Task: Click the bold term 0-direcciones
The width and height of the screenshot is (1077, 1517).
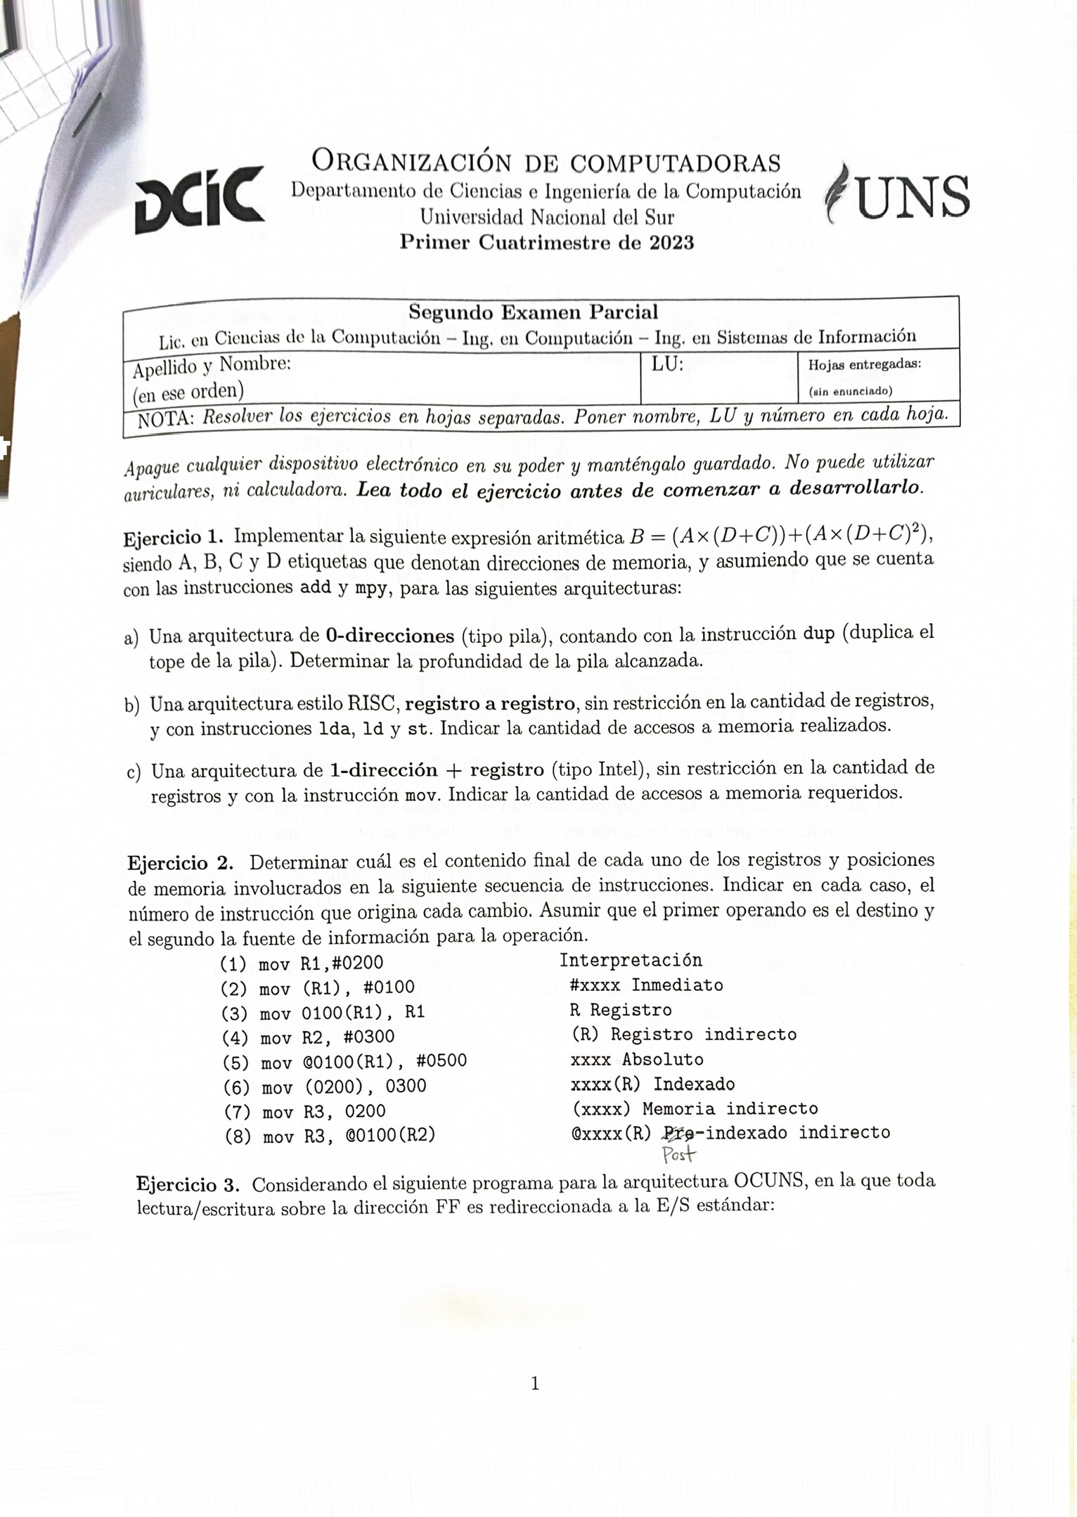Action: (390, 636)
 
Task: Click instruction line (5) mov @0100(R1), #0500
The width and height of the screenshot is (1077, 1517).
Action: (344, 1061)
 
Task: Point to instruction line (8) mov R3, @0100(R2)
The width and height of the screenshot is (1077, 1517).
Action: (329, 1136)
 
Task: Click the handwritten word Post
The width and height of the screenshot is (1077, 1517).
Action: (678, 1154)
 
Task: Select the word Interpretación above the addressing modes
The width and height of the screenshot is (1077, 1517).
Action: (631, 960)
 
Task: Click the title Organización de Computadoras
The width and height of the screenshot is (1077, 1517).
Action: (546, 162)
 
